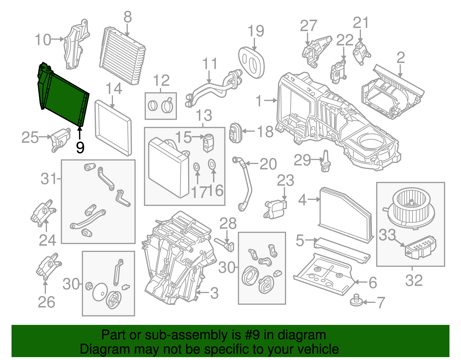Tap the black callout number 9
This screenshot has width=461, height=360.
pyautogui.click(x=80, y=147)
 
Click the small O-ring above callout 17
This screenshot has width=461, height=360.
pyautogui.click(x=197, y=167)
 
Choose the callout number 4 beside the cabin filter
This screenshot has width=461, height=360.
pyautogui.click(x=302, y=200)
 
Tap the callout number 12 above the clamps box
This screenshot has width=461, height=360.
pyautogui.click(x=161, y=80)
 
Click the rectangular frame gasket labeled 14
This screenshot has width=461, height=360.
pyautogui.click(x=113, y=127)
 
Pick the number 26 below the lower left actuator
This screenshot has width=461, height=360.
pyautogui.click(x=46, y=302)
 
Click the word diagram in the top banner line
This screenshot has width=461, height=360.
pyautogui.click(x=309, y=335)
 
